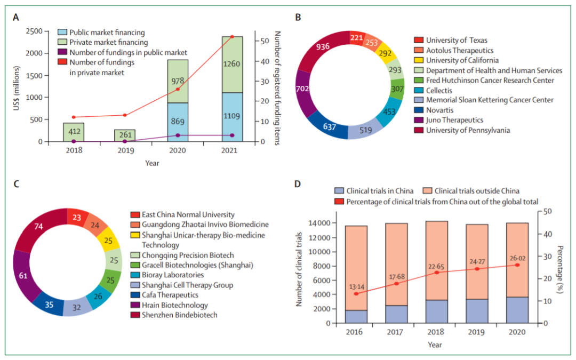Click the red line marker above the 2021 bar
point(232,36)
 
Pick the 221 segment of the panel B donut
point(357,37)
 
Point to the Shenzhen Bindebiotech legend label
point(179,315)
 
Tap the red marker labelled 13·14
point(356,293)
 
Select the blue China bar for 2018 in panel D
point(437,311)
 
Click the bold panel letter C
point(17,185)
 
